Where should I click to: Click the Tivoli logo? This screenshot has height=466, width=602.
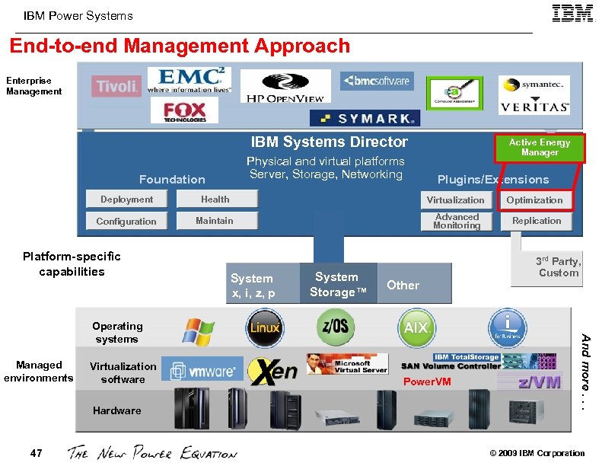tap(117, 86)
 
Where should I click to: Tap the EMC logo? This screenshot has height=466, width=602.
tap(189, 80)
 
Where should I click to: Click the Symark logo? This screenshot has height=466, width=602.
tap(365, 119)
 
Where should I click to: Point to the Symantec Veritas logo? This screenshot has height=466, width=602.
tap(534, 94)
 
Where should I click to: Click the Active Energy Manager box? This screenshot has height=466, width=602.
tap(540, 148)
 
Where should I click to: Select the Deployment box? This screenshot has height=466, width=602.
tap(126, 199)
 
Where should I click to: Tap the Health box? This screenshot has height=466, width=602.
tap(215, 199)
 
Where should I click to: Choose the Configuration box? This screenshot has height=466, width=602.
tap(126, 222)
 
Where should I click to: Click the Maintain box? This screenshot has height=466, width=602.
tap(215, 221)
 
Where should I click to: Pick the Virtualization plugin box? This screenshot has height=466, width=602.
tap(455, 200)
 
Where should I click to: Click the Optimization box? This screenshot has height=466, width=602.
tap(535, 200)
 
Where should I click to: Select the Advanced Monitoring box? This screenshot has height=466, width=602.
tap(456, 222)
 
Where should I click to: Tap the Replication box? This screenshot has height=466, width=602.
tap(536, 221)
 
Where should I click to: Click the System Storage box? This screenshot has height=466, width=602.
tap(336, 284)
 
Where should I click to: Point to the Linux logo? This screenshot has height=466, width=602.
tap(266, 328)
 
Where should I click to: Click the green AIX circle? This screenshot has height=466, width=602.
tap(416, 328)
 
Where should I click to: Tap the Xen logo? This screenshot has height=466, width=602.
tap(273, 371)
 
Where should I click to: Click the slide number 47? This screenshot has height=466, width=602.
tap(36, 453)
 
